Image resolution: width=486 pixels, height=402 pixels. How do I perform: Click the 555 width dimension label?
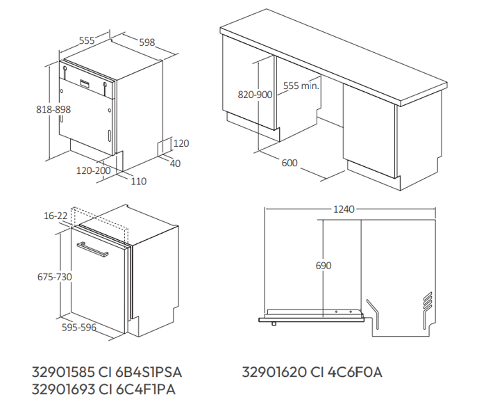(x=87, y=40)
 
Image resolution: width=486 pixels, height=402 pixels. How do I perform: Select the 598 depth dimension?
(x=147, y=42)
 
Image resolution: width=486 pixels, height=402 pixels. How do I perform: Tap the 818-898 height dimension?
(x=53, y=109)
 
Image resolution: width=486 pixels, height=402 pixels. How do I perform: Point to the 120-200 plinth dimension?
(x=94, y=170)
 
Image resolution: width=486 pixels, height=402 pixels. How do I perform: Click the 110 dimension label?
(x=139, y=182)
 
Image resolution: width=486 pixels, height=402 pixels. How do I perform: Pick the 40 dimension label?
(x=176, y=163)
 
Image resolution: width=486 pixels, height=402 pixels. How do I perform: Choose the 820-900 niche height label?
(x=255, y=95)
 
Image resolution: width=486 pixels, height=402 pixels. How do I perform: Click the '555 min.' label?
(x=301, y=86)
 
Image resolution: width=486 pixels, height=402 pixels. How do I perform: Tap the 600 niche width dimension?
(x=290, y=163)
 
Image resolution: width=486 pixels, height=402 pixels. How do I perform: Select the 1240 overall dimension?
(x=344, y=209)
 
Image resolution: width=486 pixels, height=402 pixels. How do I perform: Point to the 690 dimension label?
(x=324, y=266)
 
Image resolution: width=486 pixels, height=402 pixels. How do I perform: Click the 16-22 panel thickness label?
(x=56, y=216)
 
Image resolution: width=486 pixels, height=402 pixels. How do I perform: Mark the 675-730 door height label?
(x=55, y=277)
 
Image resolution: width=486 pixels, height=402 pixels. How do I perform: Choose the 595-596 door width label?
(x=79, y=327)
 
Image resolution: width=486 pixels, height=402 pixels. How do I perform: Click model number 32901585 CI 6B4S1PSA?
(x=107, y=372)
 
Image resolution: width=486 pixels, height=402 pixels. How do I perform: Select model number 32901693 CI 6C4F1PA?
(x=103, y=389)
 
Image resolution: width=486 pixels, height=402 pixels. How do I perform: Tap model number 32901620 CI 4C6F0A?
(x=312, y=372)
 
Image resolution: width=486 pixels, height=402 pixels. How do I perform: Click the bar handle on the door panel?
(x=92, y=249)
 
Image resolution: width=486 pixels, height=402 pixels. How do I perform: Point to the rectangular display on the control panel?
(x=85, y=83)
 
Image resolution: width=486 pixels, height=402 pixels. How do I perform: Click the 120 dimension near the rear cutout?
(x=181, y=143)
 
